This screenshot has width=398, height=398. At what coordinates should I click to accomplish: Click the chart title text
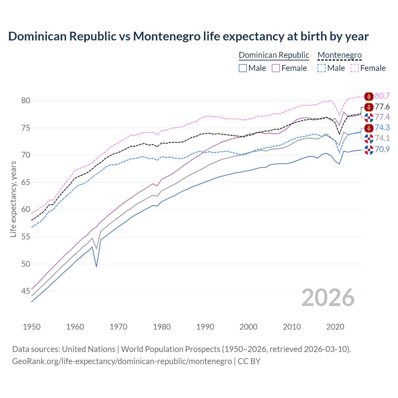188,36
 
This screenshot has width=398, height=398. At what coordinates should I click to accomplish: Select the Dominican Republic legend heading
274,55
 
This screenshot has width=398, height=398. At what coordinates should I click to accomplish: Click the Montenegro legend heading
340,55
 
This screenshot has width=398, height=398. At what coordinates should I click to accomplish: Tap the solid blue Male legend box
243,68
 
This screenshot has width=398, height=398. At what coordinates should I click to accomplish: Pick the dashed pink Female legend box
355,68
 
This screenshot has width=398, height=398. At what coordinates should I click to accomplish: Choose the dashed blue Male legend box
322,68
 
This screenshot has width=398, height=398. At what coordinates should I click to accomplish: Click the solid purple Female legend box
276,68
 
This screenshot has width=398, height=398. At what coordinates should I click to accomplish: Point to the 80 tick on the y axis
25,100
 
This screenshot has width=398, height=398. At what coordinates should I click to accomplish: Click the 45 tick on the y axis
25,291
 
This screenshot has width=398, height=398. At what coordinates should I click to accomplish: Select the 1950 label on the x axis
32,327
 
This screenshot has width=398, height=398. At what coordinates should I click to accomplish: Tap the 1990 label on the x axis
205,327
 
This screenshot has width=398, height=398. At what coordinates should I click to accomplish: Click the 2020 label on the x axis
335,327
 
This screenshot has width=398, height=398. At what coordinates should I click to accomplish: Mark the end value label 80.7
382,96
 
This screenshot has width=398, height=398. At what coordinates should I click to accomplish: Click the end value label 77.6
382,107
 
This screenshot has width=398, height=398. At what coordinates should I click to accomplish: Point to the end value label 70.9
382,150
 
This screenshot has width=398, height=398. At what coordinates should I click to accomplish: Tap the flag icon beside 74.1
369,139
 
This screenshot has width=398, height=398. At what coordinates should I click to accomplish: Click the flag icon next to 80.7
369,96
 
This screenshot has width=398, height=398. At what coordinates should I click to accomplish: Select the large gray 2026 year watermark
328,298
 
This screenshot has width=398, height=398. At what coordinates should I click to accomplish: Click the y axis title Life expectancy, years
13,199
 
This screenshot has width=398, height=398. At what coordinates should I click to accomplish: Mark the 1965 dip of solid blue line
96,266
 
